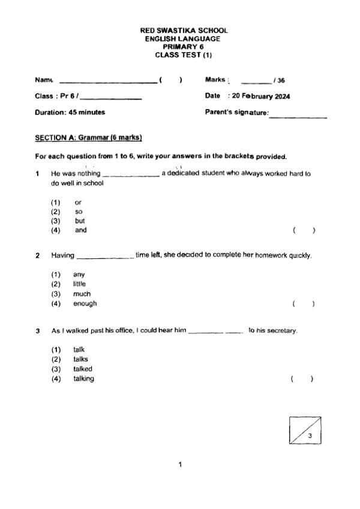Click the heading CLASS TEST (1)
click(184, 55)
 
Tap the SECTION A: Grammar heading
click(88, 138)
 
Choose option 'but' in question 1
click(80, 221)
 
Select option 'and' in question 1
click(80, 230)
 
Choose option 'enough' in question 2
click(85, 303)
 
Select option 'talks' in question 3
click(80, 359)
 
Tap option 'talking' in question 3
click(83, 378)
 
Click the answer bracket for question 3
click(302, 379)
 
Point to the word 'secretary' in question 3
click(282, 331)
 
